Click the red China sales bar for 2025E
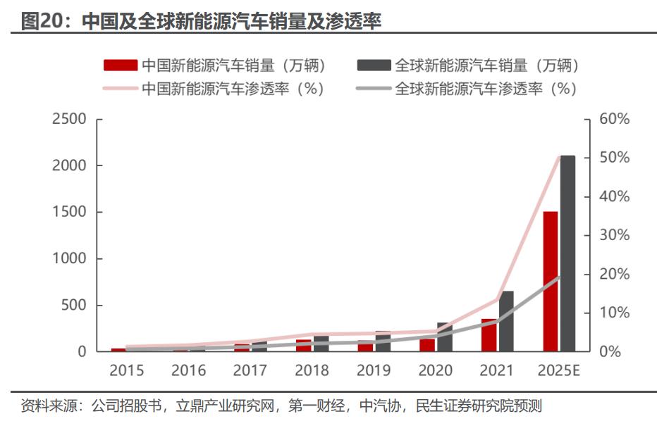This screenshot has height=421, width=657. point(550,281)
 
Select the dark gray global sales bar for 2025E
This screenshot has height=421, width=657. point(567,253)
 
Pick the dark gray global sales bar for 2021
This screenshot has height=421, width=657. point(506,321)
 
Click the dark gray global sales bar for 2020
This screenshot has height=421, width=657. point(444,337)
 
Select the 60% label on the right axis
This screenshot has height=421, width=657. point(613,119)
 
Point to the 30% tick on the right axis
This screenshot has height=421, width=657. point(613,235)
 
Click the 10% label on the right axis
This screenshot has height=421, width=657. point(613,313)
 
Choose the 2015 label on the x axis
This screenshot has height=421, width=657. point(127,370)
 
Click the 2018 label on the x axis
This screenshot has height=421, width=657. point(312,370)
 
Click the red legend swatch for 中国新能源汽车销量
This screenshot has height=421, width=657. point(121,66)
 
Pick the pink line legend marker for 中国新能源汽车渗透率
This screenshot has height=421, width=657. point(121,89)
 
